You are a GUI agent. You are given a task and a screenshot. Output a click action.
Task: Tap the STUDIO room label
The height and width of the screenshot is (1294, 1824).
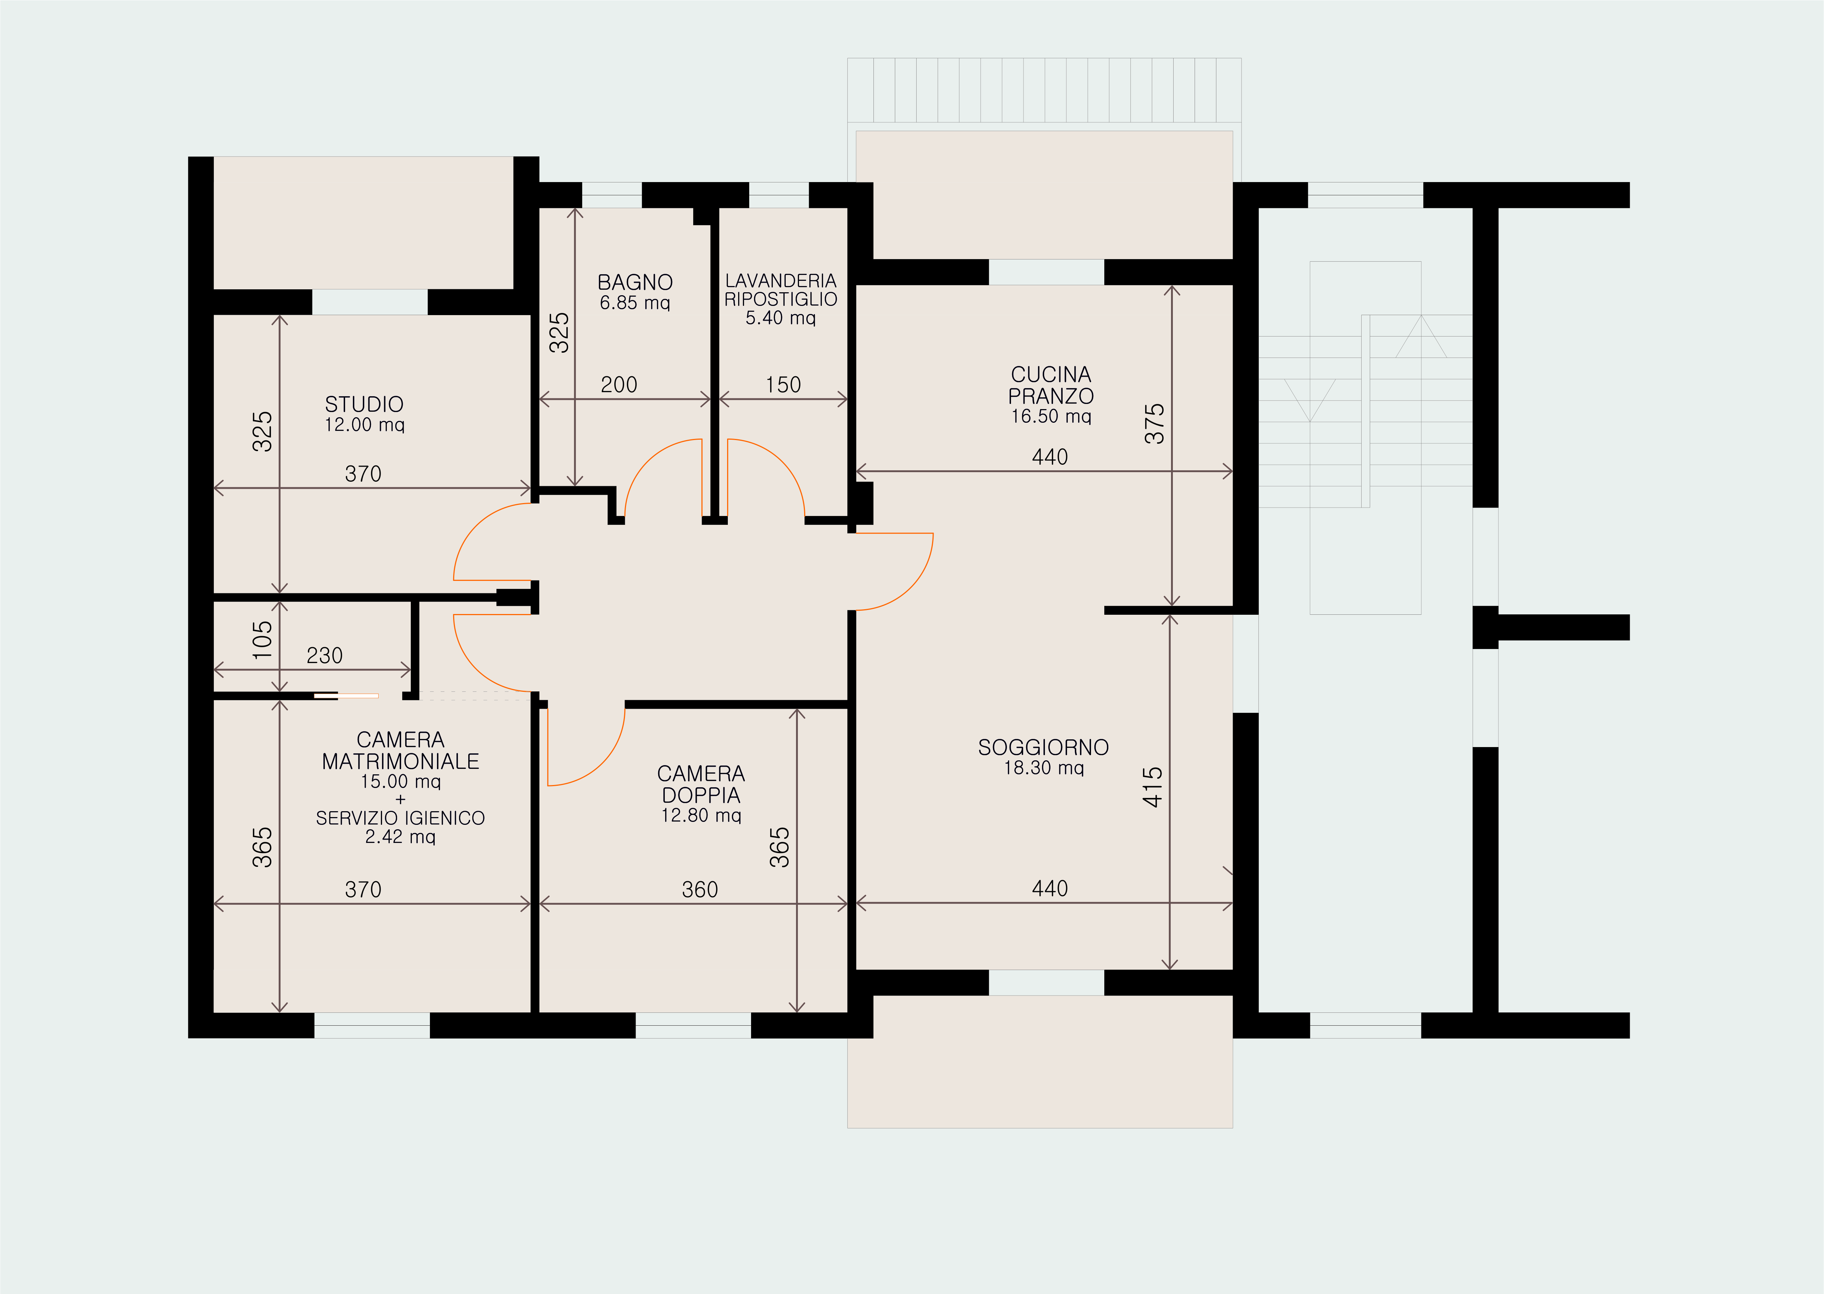click(x=364, y=404)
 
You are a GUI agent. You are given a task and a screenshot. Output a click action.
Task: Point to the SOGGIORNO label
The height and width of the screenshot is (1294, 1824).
click(x=1043, y=747)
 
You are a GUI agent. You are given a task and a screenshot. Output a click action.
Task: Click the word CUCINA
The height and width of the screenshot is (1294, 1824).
click(x=1051, y=374)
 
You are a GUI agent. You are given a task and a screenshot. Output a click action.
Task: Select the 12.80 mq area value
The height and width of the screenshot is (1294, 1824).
click(x=701, y=815)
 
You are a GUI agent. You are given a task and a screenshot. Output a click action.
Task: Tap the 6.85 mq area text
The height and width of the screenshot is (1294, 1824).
click(x=635, y=303)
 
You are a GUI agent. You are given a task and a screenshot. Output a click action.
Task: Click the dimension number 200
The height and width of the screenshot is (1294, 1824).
click(x=619, y=385)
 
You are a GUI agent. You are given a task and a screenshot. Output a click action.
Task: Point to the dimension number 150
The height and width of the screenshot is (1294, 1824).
click(x=783, y=385)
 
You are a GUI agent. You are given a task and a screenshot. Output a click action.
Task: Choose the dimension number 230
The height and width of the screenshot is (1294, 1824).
click(x=324, y=656)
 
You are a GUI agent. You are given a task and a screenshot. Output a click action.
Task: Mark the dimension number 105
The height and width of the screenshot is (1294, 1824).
click(x=262, y=640)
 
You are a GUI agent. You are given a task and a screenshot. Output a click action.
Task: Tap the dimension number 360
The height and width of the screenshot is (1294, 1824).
click(x=700, y=890)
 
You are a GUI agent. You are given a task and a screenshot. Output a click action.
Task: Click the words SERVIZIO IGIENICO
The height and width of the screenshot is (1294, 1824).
click(x=400, y=818)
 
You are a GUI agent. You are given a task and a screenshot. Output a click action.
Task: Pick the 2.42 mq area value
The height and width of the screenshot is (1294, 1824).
click(x=400, y=837)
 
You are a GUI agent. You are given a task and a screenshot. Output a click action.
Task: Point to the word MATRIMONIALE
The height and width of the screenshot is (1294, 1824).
click(x=400, y=762)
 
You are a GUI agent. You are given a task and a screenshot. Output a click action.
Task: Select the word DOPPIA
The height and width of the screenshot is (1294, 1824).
click(x=701, y=795)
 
